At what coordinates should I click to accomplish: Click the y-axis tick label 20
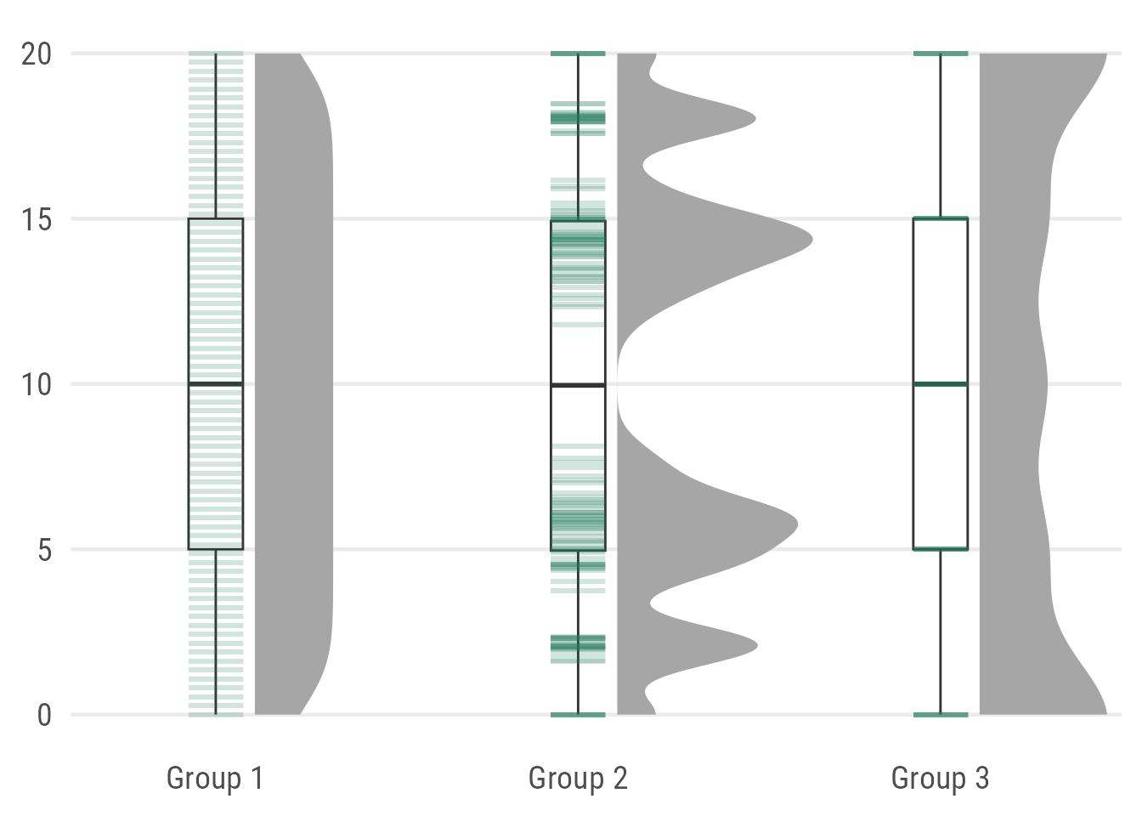(37, 54)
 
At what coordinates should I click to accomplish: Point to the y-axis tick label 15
(37, 220)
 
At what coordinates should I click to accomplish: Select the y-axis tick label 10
(37, 385)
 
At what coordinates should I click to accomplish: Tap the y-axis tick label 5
(45, 550)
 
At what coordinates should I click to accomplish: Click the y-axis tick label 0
(45, 716)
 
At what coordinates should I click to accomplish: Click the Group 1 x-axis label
(215, 779)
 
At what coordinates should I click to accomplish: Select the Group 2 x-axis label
(578, 779)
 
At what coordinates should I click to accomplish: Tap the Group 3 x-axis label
(941, 779)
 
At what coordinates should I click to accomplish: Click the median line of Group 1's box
(216, 383)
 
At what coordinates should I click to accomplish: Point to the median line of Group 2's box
(578, 385)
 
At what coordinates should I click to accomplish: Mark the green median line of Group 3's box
(941, 384)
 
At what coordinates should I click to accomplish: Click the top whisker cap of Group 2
(578, 54)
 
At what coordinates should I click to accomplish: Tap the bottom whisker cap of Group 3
(941, 715)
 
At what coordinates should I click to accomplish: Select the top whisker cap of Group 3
(941, 54)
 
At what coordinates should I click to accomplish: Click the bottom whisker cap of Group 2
(578, 715)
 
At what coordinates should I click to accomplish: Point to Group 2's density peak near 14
(811, 239)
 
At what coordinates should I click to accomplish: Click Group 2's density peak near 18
(755, 119)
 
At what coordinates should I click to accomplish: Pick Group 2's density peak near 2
(757, 646)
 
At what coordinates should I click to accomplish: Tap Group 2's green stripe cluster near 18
(578, 119)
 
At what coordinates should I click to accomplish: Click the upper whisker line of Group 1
(216, 136)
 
